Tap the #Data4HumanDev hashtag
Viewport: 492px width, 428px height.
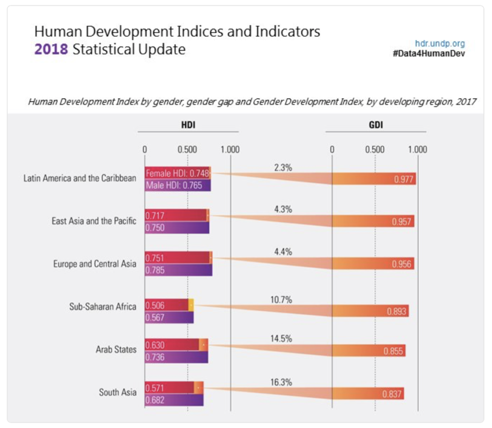(x=429, y=53)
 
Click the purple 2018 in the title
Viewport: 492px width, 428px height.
(x=51, y=49)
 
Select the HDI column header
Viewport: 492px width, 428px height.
(x=188, y=125)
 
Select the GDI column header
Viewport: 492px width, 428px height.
(x=375, y=125)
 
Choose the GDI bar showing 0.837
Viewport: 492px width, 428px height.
(x=368, y=394)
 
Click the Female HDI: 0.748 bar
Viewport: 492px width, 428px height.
(x=177, y=173)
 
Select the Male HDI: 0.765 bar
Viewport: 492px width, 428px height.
(x=177, y=185)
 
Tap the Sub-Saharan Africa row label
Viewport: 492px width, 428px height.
(x=103, y=306)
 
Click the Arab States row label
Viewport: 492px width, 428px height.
(x=116, y=349)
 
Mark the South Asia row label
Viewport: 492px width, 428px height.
(x=118, y=392)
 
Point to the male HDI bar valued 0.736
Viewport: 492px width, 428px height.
(x=176, y=357)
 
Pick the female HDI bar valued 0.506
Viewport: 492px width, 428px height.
(x=166, y=305)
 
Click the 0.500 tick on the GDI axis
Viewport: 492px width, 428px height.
(x=374, y=149)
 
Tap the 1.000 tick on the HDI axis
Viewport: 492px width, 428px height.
(x=230, y=149)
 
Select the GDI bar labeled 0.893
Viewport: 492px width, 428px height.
(x=370, y=311)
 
